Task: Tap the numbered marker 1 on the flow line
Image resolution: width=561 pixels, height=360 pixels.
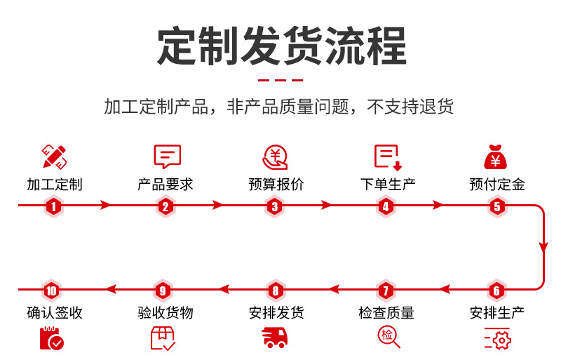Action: tap(55, 206)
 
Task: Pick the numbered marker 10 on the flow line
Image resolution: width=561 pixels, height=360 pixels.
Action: tap(51, 291)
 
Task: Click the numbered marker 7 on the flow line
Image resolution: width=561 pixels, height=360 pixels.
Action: tap(385, 291)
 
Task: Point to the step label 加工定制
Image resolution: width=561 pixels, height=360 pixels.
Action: tap(55, 185)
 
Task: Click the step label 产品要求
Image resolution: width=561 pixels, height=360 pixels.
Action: tap(165, 185)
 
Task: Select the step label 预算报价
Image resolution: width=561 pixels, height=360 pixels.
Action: tap(276, 185)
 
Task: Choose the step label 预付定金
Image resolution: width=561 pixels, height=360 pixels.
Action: tap(497, 185)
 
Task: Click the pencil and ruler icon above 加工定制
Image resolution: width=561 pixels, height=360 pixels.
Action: tap(55, 156)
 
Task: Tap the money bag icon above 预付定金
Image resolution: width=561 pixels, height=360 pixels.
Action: tap(496, 156)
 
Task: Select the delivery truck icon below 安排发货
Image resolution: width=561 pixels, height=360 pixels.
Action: tap(276, 338)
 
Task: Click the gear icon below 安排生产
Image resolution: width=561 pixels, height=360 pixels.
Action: tap(497, 339)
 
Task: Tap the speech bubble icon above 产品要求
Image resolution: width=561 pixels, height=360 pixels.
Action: tap(167, 156)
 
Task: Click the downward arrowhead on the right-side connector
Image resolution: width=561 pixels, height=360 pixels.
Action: tap(543, 246)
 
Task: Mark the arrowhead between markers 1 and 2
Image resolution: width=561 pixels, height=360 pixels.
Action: tap(107, 206)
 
